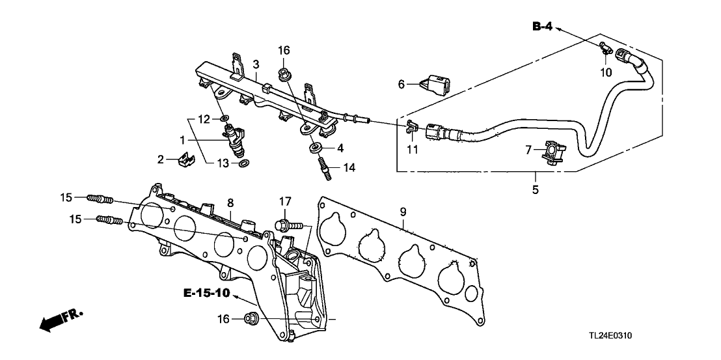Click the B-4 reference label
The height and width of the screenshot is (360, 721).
pyautogui.click(x=543, y=26)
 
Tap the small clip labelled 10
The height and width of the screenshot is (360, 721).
pyautogui.click(x=605, y=47)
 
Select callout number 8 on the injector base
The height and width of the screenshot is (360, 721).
pyautogui.click(x=230, y=203)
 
